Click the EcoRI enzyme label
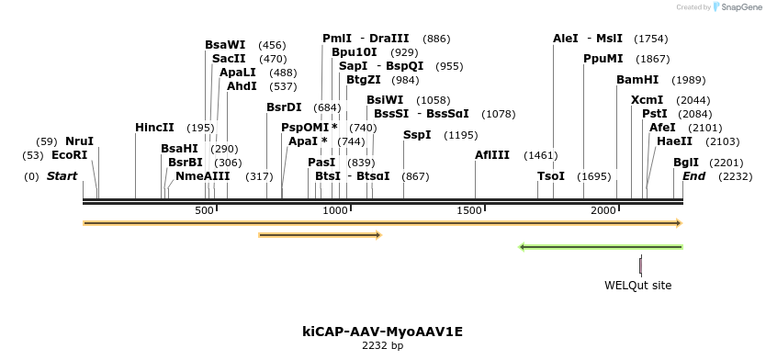point(69,155)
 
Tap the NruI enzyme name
point(79,141)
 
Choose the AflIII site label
point(491,155)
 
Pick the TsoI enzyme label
point(551,176)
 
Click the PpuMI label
point(603,59)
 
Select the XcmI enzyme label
point(647,100)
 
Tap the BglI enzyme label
point(686,162)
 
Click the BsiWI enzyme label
point(385,100)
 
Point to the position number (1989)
point(689,80)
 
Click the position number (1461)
point(541,155)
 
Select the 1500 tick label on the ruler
point(470,211)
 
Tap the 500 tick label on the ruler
point(204,211)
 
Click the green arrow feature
point(601,247)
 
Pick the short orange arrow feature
point(320,235)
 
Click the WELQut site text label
point(637,286)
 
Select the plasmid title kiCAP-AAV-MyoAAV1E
point(383,331)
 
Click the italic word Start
point(62,175)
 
